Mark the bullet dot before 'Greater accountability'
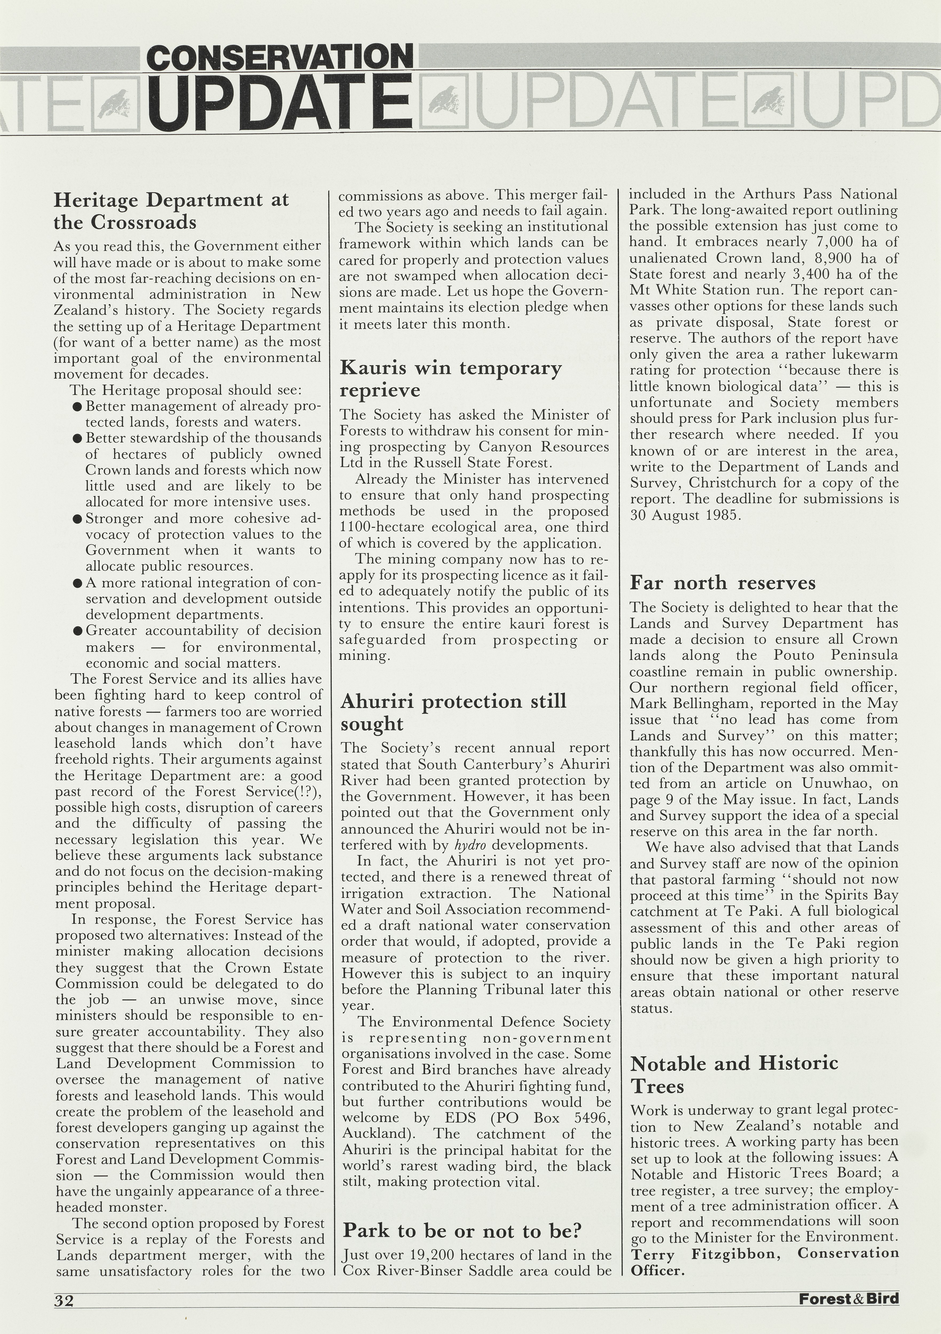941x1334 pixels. [77, 631]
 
